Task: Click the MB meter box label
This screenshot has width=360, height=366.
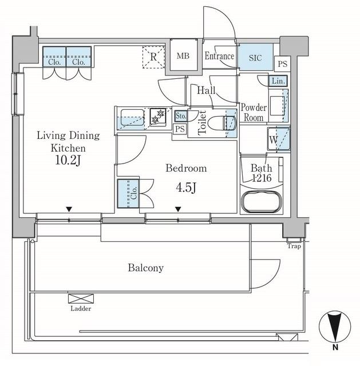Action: (x=183, y=56)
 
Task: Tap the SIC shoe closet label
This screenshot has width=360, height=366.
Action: (x=255, y=58)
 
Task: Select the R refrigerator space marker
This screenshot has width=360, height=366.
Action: (x=153, y=57)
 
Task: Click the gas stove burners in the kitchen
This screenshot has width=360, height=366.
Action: (x=158, y=116)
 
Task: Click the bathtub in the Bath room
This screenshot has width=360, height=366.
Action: (x=262, y=201)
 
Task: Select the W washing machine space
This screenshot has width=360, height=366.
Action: (x=279, y=140)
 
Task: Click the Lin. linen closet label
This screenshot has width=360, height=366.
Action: (x=278, y=81)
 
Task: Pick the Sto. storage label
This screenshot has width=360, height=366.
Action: (x=181, y=116)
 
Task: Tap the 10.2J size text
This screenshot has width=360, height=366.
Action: (x=68, y=160)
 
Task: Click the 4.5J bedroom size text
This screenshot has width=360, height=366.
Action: (x=186, y=188)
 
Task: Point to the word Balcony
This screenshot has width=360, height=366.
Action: (x=146, y=268)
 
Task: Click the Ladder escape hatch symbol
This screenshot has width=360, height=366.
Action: (x=81, y=299)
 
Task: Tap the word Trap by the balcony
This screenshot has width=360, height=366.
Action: (x=294, y=246)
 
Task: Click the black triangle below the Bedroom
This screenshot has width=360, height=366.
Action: (x=178, y=209)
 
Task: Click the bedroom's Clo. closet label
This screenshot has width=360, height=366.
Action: (x=133, y=193)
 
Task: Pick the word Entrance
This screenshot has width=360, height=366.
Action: (x=219, y=56)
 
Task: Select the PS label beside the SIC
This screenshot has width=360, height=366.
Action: (x=282, y=63)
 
